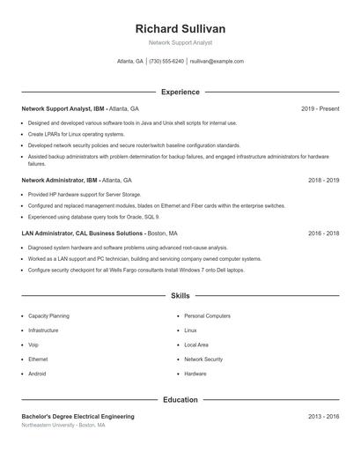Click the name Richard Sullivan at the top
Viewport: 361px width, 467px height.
[180, 28]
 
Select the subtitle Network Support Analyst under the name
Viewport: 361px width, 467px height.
[180, 42]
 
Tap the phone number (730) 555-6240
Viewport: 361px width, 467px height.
[166, 62]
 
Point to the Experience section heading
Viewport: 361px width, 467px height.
[180, 92]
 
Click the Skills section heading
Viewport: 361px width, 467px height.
[180, 296]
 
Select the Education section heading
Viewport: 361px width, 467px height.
[180, 399]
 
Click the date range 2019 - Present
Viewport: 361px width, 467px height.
[320, 108]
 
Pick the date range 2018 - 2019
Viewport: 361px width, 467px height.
[323, 180]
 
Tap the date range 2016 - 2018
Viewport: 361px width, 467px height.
[323, 233]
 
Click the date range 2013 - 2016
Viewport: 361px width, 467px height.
[323, 416]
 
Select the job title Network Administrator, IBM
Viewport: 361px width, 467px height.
[63, 180]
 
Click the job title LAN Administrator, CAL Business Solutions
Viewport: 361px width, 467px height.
[83, 233]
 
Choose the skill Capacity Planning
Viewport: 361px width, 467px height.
[48, 315]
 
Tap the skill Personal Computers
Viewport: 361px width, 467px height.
[207, 315]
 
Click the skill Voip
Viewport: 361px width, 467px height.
[33, 345]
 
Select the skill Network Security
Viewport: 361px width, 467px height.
[203, 360]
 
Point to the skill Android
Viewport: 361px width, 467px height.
[37, 374]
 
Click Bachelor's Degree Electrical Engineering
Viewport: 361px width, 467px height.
[77, 416]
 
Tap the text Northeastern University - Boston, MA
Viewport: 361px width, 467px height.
[63, 426]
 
